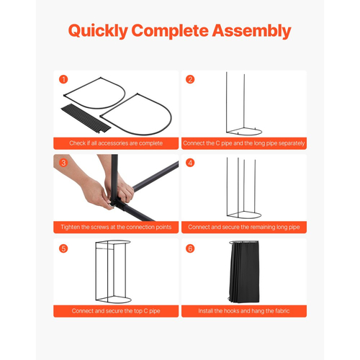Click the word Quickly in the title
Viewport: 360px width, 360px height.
[98, 31]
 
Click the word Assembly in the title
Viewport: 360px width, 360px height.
[251, 31]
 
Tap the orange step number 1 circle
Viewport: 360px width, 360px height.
[63, 79]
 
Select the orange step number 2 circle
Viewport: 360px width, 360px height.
[190, 79]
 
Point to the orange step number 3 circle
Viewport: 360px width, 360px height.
[63, 163]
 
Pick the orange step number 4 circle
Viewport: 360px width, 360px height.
[190, 163]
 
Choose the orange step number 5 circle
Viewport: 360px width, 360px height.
[63, 248]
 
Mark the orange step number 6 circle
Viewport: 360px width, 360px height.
[190, 248]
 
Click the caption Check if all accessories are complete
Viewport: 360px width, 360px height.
[116, 143]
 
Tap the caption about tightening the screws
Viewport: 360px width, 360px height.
[116, 227]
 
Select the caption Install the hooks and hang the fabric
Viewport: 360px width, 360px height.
[244, 311]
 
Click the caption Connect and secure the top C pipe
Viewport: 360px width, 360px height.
[116, 311]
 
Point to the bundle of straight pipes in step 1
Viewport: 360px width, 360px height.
[86, 118]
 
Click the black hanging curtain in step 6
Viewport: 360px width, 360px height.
[244, 272]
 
